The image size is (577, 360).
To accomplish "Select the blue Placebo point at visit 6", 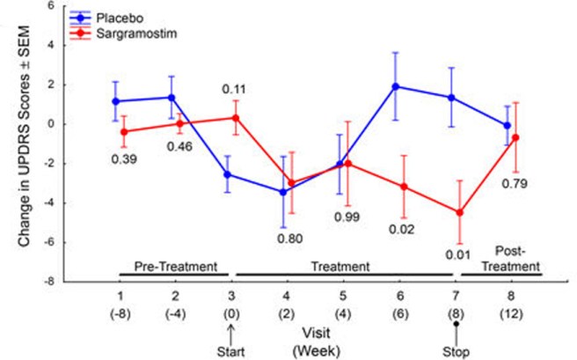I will [396, 86].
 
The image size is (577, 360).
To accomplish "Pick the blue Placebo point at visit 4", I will [283, 191].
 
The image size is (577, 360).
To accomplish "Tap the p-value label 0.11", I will [233, 89].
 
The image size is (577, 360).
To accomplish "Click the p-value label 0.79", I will [514, 185].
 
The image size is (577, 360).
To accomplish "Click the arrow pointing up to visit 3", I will [230, 333].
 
